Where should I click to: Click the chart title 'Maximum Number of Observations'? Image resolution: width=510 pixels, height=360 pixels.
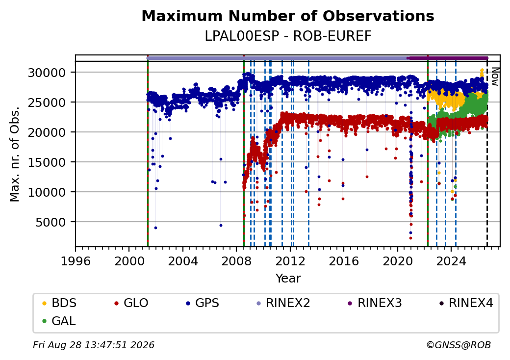[288, 16]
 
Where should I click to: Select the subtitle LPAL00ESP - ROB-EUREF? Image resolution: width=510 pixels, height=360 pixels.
[288, 36]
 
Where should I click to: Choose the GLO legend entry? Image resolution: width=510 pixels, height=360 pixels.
[131, 303]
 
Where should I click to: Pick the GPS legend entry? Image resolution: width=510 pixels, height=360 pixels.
[203, 303]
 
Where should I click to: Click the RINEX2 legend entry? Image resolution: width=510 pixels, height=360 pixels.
[283, 303]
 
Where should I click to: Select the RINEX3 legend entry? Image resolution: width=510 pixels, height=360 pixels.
[375, 303]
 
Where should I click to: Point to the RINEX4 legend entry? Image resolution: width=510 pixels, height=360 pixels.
[466, 303]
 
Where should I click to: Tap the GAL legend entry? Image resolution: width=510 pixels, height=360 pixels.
[59, 321]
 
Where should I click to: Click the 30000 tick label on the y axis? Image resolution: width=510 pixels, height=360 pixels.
[47, 73]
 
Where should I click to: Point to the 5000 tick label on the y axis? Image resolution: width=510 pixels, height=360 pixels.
[51, 223]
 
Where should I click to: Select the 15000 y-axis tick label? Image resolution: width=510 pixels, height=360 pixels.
[47, 162]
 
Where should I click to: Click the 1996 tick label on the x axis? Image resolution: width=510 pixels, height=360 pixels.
[76, 261]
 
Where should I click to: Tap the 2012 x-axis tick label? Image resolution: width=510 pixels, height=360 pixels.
[290, 261]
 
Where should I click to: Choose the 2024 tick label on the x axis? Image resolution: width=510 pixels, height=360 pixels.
[451, 261]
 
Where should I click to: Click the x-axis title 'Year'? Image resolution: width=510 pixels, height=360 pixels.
[288, 279]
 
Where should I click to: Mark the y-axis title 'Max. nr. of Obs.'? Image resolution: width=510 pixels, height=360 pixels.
[15, 154]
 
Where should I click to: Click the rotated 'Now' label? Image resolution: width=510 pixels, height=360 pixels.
[495, 77]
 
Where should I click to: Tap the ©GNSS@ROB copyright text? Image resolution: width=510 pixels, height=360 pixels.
[459, 345]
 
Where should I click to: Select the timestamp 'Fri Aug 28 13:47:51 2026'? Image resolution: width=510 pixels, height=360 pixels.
[94, 345]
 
